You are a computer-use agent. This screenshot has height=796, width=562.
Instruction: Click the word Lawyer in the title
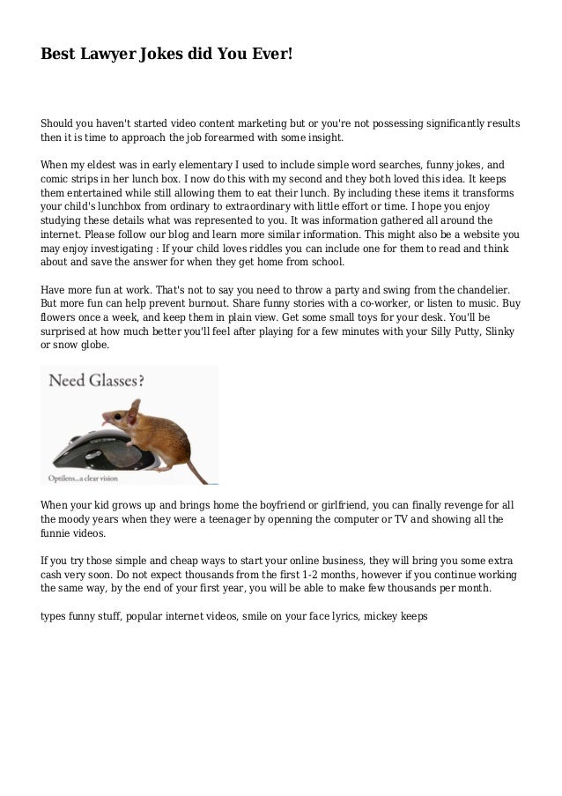pos(106,54)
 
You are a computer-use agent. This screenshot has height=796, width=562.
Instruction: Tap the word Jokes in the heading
pos(162,54)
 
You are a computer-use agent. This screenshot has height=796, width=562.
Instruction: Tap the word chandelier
pos(487,289)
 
